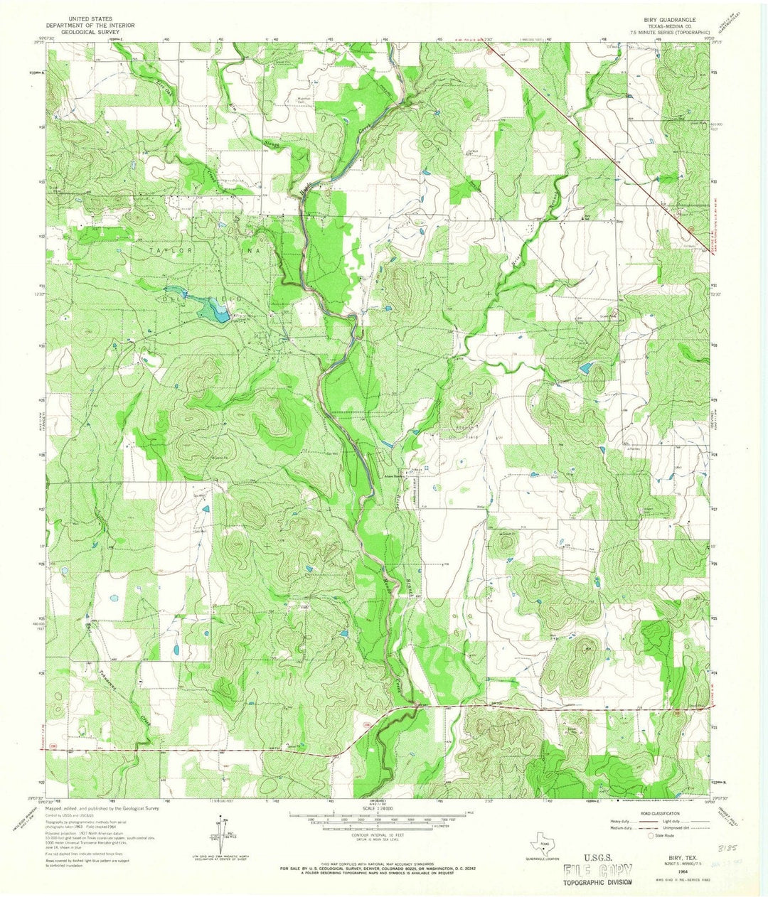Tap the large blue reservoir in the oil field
[212, 309]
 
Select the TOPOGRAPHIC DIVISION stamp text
[597, 882]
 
